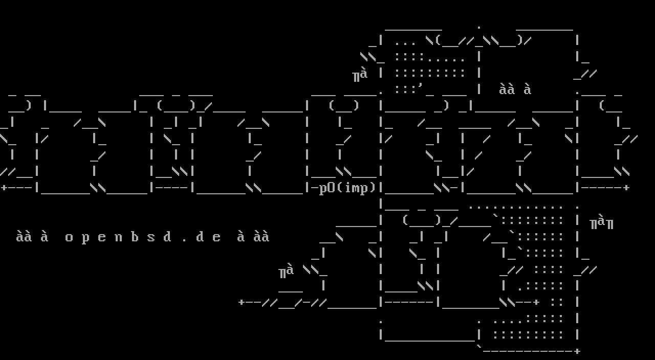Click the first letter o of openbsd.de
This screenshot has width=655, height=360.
coord(69,238)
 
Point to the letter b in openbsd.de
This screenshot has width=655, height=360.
coord(135,237)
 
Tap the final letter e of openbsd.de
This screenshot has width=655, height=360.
coord(216,238)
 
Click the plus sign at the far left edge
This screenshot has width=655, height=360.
coord(4,188)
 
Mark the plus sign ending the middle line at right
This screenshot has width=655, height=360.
coord(626,188)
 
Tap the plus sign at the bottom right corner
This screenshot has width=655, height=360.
coord(577,351)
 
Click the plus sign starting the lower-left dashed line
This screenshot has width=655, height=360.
coord(242,302)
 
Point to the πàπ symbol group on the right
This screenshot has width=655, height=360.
coord(601,222)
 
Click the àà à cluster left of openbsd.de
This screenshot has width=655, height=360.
coord(32,237)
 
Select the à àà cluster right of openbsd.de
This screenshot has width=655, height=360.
coord(253,237)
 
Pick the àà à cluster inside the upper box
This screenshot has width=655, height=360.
coord(515,89)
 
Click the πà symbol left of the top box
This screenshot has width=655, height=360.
coord(360,75)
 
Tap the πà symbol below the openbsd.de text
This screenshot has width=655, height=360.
coord(286,272)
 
